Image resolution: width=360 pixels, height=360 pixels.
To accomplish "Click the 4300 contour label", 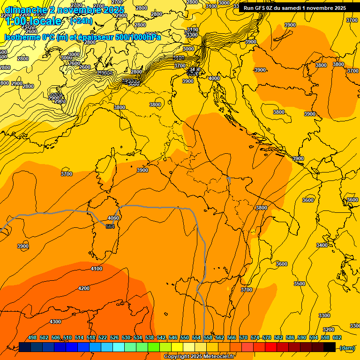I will tap(55, 322).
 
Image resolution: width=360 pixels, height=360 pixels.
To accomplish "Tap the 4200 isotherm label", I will tap(84, 288).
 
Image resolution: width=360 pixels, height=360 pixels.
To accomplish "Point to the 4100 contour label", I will tap(97, 269).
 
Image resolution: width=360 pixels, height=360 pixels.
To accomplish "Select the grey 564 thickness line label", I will tap(110, 226).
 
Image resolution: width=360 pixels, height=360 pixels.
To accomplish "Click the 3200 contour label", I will tap(329, 330).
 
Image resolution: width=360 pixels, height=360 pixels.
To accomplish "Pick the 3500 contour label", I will tap(300, 284).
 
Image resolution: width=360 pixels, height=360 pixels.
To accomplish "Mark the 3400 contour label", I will tap(322, 245).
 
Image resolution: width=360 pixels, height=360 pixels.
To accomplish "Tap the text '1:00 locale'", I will tap(34, 22).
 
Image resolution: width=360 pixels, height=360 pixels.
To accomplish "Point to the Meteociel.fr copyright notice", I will tap(199, 357).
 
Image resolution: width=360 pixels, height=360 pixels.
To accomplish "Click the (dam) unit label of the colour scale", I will tap(347, 348).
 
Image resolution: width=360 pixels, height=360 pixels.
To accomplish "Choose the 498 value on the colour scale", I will tap(32, 337).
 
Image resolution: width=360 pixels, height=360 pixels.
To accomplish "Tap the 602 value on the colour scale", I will tap(337, 337).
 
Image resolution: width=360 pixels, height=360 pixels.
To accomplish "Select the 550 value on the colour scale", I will tap(185, 337).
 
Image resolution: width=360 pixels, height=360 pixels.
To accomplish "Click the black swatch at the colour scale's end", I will tap(330, 347).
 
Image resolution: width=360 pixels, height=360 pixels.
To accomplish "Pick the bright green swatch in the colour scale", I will tap(154, 347).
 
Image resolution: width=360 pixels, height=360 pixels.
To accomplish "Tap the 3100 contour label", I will tap(211, 6).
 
